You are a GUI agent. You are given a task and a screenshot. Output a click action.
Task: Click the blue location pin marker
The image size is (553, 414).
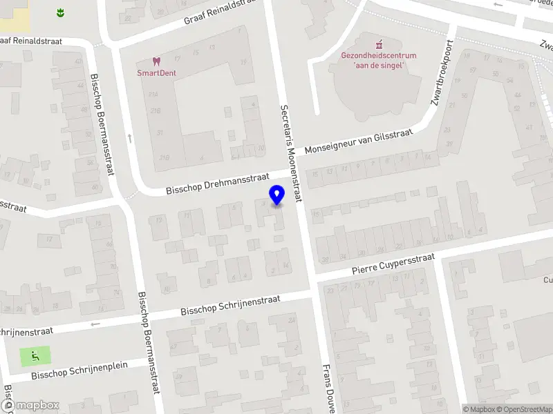[x=277, y=195]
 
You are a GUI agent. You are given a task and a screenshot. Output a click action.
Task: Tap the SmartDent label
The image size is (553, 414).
[x=157, y=72]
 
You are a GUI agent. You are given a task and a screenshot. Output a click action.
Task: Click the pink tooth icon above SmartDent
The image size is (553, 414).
[x=157, y=61]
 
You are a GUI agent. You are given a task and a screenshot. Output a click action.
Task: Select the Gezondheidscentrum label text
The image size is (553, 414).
[x=378, y=55]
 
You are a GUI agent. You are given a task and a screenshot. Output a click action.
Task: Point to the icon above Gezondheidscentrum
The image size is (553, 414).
[x=378, y=43]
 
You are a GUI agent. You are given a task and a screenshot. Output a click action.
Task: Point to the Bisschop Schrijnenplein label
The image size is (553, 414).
[x=79, y=371]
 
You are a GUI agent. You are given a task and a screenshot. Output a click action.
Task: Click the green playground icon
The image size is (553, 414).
[x=35, y=357]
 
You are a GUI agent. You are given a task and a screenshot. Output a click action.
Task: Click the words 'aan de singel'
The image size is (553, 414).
[x=378, y=65]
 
